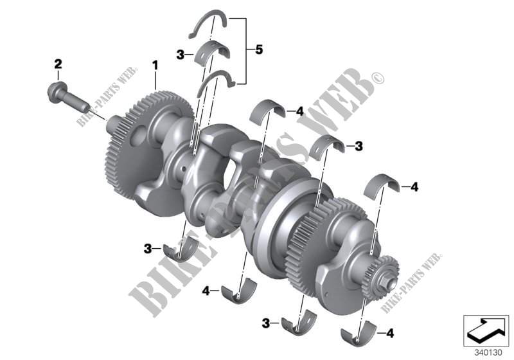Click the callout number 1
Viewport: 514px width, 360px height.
point(155,65)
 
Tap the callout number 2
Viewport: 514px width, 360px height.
point(58,64)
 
